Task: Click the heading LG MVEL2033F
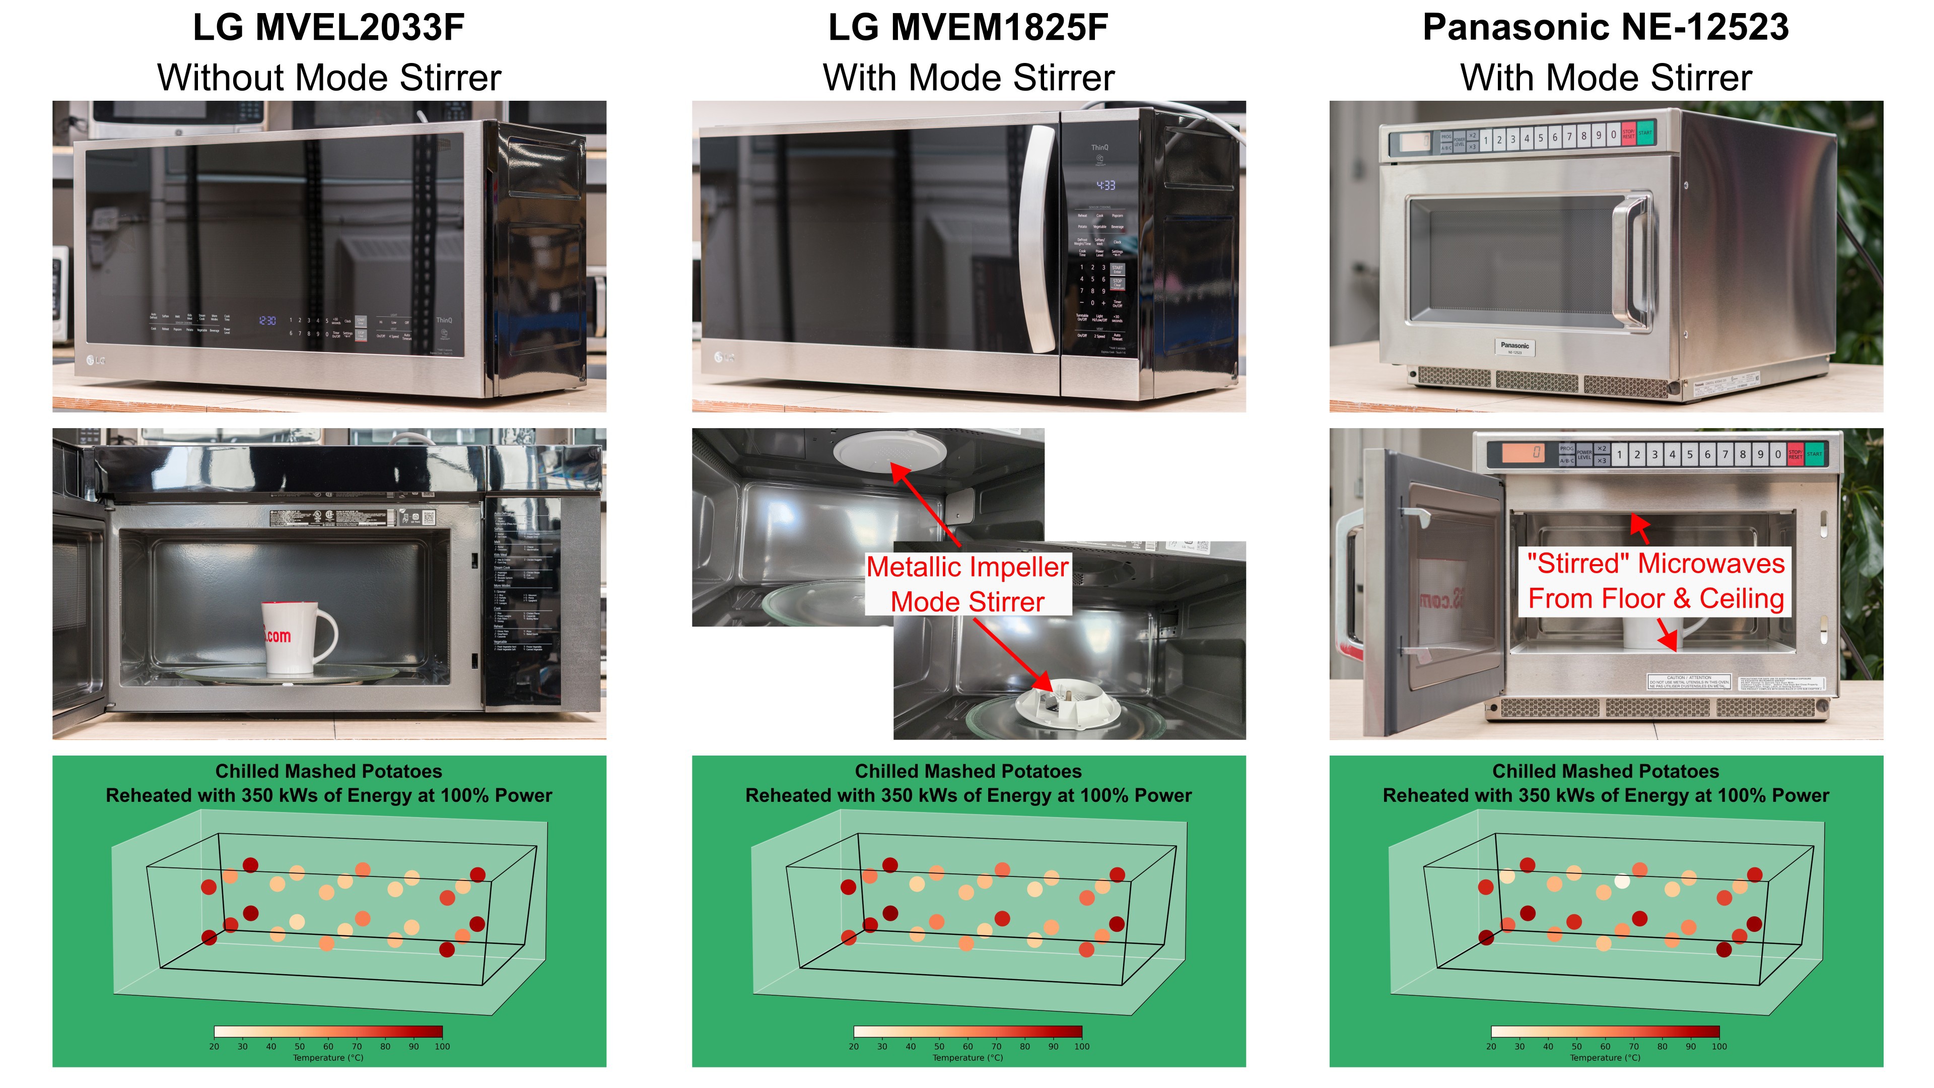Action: point(329,28)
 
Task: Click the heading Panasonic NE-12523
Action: point(1605,28)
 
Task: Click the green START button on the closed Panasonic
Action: point(1644,133)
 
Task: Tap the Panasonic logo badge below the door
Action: point(1514,347)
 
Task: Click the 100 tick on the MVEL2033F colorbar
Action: point(442,1046)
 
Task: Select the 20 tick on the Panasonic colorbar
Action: point(1491,1046)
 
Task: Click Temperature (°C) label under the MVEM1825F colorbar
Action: point(968,1058)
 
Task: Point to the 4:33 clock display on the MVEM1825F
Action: point(1105,185)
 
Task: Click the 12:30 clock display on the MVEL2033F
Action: point(267,321)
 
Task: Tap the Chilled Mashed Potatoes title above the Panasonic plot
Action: point(1605,771)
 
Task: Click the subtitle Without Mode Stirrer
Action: point(329,78)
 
